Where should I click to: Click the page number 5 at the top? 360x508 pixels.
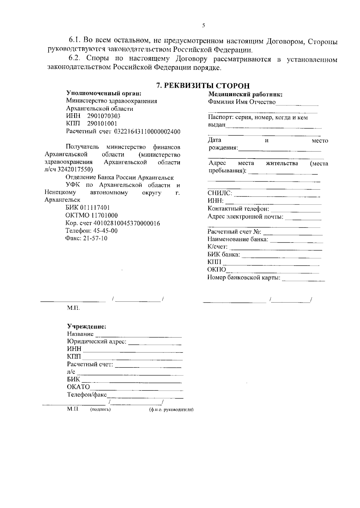click(x=204, y=26)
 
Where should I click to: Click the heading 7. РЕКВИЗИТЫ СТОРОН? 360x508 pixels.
click(x=203, y=86)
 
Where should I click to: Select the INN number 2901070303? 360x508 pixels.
click(x=104, y=116)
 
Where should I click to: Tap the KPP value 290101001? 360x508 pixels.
click(x=102, y=123)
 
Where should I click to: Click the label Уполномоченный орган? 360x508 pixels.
click(x=104, y=93)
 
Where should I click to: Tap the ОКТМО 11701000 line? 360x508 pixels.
click(x=91, y=215)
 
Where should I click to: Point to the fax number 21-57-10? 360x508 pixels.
click(x=97, y=239)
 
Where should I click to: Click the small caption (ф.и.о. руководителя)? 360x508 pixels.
click(x=171, y=410)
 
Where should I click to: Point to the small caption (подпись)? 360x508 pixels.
click(x=100, y=410)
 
